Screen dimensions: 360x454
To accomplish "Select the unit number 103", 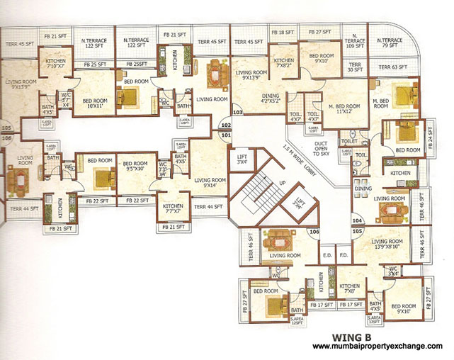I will pyautogui.click(x=238, y=112).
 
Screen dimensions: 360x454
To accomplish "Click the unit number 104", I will pyautogui.click(x=356, y=221).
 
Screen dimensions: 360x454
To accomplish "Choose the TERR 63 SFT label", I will pyautogui.click(x=395, y=67).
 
